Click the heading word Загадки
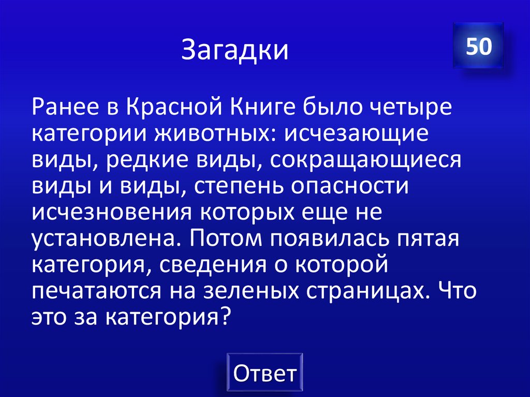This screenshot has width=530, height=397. tap(235, 51)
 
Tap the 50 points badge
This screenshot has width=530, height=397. tap(478, 47)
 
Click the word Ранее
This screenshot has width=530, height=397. tap(65, 109)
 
